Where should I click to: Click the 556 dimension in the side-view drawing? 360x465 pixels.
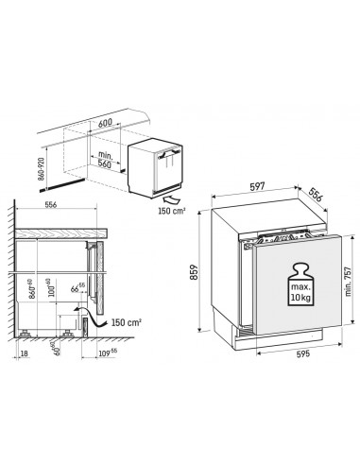pos(55,205)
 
